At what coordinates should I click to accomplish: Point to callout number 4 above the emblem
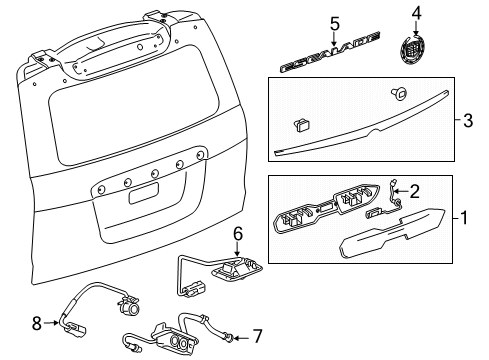417,14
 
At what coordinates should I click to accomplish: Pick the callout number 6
237,261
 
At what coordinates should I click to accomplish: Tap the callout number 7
258,335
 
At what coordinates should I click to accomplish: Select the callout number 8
38,323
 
